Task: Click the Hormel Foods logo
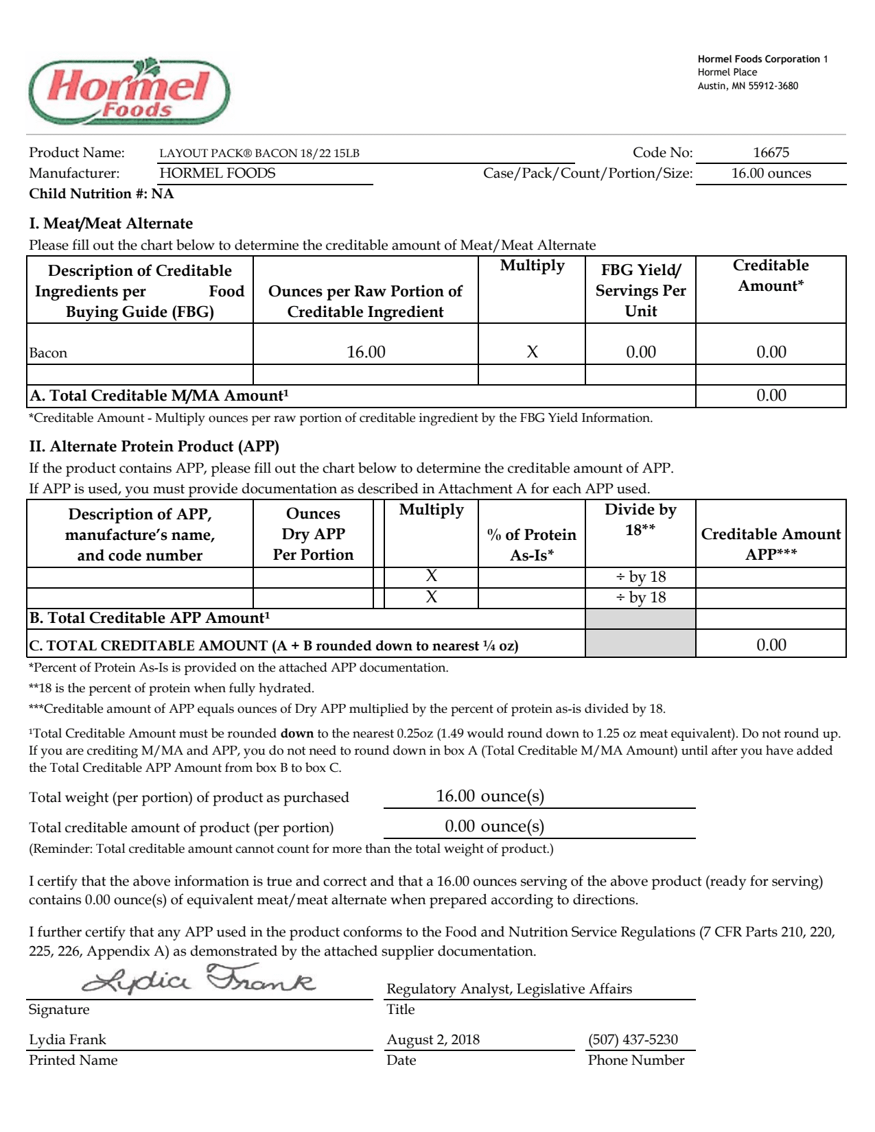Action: point(129,92)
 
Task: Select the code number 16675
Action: point(771,152)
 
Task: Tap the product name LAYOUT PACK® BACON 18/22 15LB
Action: point(259,153)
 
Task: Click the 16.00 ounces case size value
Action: point(771,173)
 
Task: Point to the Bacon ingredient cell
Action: point(48,353)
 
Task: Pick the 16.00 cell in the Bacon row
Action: point(366,352)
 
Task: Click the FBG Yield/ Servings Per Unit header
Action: point(640,290)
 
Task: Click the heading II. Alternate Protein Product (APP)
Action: point(154,447)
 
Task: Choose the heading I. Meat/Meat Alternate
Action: point(110,224)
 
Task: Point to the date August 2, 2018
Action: point(433,1039)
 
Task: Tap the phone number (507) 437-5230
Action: point(633,1039)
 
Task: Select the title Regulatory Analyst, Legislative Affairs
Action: point(509,989)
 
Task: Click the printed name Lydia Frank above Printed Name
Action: point(67,1039)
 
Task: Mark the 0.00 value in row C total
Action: point(771,645)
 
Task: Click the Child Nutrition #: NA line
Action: point(102,193)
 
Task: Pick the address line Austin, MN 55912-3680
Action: point(748,86)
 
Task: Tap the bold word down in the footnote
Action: point(297,733)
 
